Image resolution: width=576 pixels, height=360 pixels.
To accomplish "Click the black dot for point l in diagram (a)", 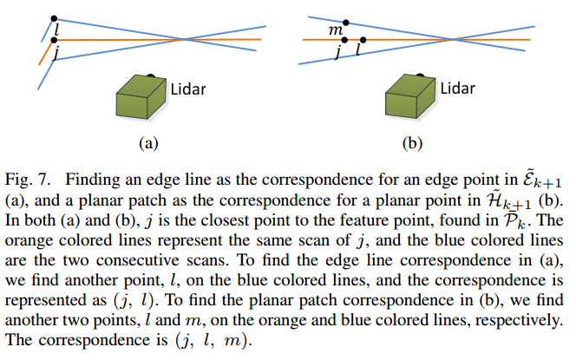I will [55, 18].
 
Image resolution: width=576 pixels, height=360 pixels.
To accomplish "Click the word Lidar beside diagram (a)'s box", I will [189, 89].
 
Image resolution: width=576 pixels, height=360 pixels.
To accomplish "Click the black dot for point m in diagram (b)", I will [347, 22].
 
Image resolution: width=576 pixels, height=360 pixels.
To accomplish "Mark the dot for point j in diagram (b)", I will [344, 40].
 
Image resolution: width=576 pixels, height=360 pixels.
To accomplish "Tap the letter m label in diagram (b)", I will [333, 31].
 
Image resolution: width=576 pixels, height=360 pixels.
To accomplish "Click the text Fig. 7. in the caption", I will [28, 181].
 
